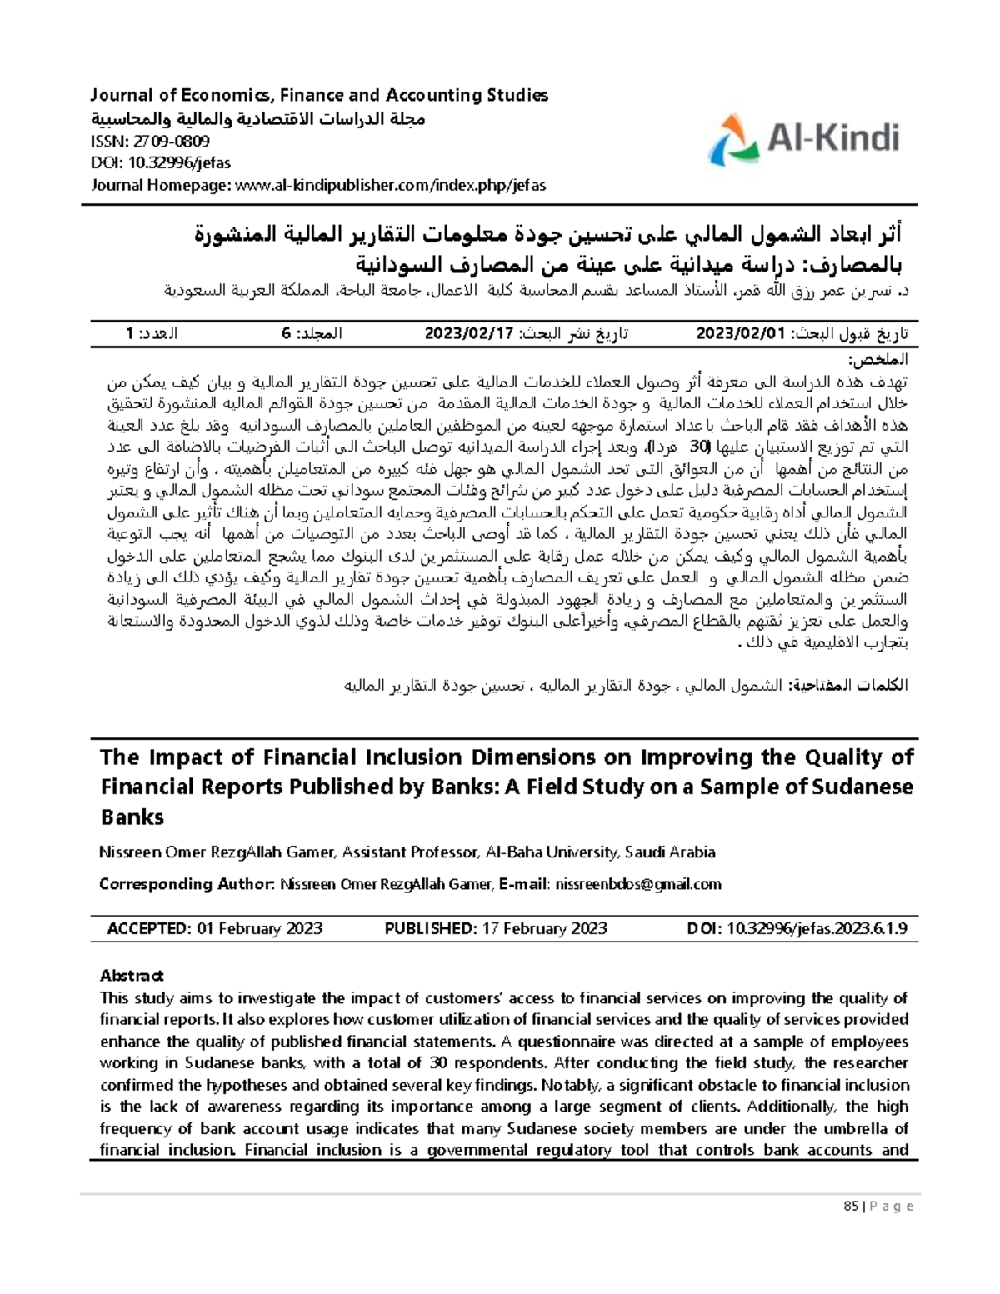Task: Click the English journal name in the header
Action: pos(320,95)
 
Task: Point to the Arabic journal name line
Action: pos(257,118)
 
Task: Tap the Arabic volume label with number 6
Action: pos(312,334)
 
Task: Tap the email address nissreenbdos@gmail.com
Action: pos(638,884)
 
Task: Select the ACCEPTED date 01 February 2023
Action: pos(259,928)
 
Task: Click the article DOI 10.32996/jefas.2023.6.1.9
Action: pos(817,928)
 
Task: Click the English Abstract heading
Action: pos(132,976)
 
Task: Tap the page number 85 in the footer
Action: pos(850,1207)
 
